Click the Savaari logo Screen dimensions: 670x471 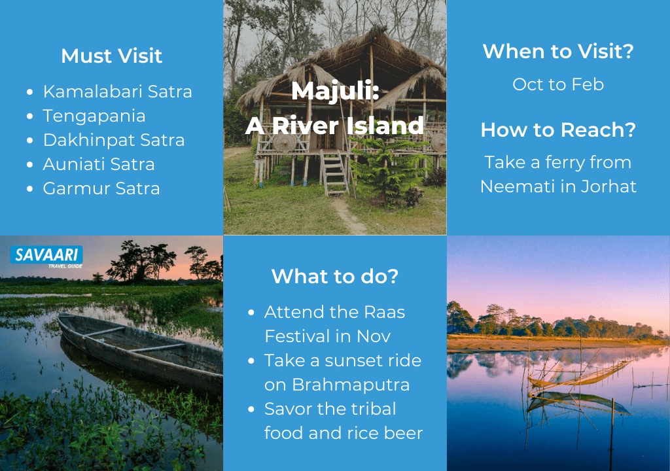point(46,256)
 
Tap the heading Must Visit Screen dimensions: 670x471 point(111,56)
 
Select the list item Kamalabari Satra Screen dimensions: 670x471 point(118,92)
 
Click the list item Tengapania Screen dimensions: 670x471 point(94,116)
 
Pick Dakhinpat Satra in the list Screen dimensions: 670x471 point(114,140)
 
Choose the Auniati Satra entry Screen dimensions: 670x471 point(99,164)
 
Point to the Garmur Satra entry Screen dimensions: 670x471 point(101,188)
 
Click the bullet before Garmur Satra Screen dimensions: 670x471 point(29,189)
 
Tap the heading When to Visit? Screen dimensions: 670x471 point(558,51)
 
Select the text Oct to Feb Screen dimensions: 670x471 point(558,84)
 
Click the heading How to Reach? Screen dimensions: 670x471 point(558,130)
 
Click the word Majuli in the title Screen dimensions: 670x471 point(335,91)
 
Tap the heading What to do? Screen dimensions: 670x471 point(335,276)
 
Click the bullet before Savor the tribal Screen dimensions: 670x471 point(251,410)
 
